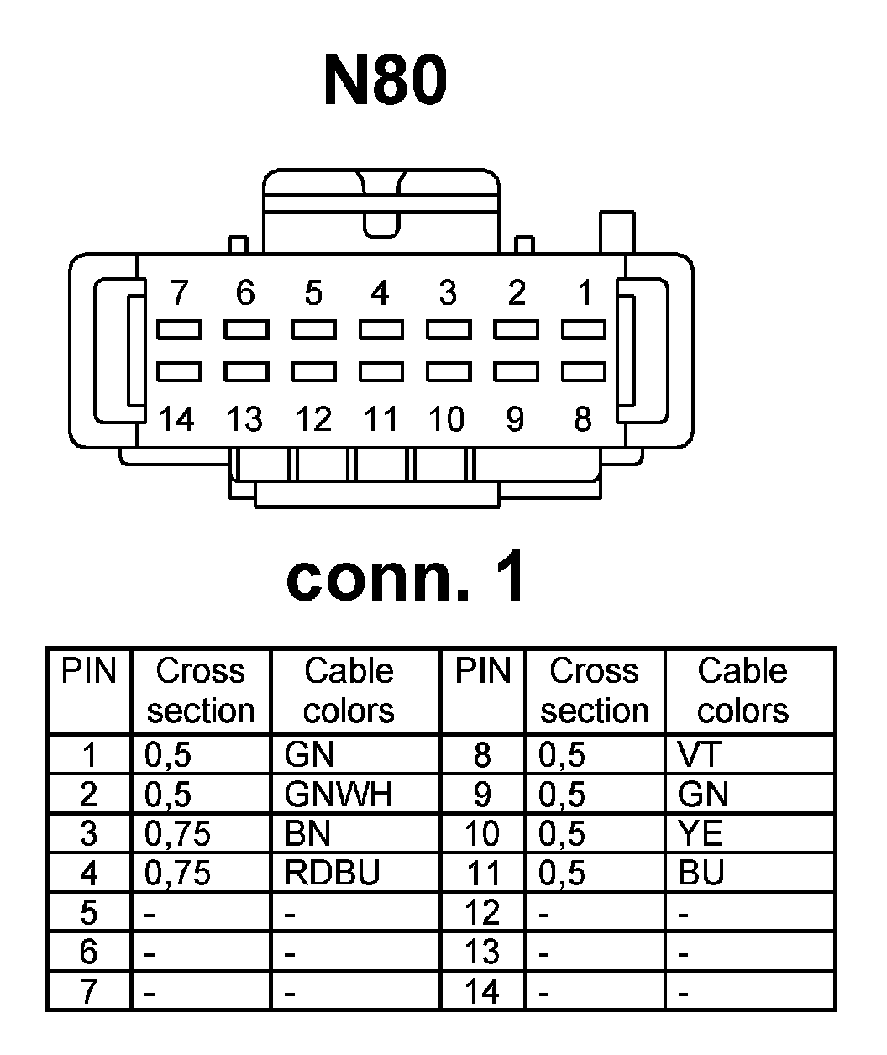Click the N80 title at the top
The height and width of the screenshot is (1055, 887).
tap(385, 81)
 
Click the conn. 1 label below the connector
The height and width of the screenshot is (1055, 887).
tap(406, 578)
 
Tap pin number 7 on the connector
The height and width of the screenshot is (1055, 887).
tap(178, 293)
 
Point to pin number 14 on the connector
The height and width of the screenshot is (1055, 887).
tap(176, 418)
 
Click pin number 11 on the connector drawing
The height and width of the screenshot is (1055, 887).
tap(380, 418)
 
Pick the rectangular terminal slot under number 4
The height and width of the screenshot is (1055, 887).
tap(381, 329)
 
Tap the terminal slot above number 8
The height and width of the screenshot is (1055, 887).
tap(583, 370)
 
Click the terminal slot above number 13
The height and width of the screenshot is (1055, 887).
tap(245, 370)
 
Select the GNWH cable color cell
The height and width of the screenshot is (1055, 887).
tap(338, 795)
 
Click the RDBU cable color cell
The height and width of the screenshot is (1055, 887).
tap(332, 874)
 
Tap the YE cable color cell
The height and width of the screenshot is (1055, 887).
tap(700, 834)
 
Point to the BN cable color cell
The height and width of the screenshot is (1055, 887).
tap(307, 834)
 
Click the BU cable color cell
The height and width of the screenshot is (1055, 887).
tap(701, 874)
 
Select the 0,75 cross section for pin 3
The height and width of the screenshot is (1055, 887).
tap(177, 834)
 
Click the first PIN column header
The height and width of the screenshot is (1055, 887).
tap(89, 672)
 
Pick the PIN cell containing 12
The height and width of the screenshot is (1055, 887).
tap(482, 913)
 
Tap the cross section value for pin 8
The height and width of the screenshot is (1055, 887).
tap(561, 755)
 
